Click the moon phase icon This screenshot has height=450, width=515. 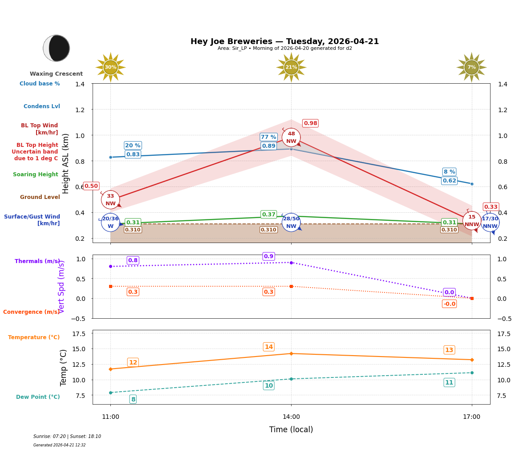pos(57,48)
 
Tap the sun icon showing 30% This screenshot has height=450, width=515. pos(110,67)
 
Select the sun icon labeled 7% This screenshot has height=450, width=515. pos(471,67)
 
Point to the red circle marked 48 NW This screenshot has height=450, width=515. pos(291,138)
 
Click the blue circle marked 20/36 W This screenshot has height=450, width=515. pos(110,222)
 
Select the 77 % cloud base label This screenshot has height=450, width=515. pos(268,137)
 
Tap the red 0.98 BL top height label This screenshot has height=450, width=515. pos(310,123)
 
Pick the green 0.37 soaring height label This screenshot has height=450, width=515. pos(269,215)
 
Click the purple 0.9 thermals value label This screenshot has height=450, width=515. pos(268,256)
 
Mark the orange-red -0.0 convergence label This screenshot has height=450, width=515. pos(449,304)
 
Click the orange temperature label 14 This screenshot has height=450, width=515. pos(269,347)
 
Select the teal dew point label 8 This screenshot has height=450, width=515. pos(133,399)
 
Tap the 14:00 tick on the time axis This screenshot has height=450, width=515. pos(291,417)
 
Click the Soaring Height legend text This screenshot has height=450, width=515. pos(36,174)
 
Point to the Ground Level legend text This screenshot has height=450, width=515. pos(40,197)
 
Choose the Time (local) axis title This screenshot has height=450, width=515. pos(291,430)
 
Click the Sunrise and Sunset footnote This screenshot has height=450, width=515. pos(67,437)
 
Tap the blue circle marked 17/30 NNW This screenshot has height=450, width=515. pos(490,222)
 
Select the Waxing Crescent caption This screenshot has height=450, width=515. pos(56,74)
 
